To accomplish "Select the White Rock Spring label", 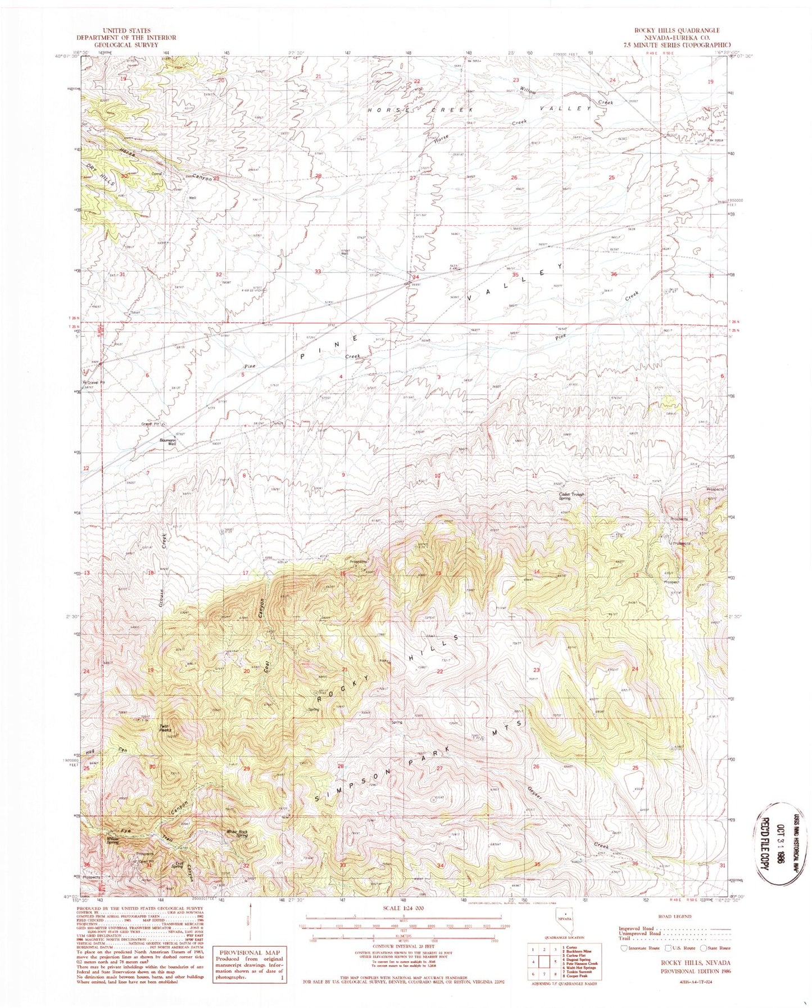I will pyautogui.click(x=237, y=834).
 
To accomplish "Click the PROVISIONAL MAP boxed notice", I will pyautogui.click(x=249, y=965).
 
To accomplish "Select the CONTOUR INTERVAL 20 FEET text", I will pyautogui.click(x=402, y=953).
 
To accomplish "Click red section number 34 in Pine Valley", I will pyautogui.click(x=416, y=277).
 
